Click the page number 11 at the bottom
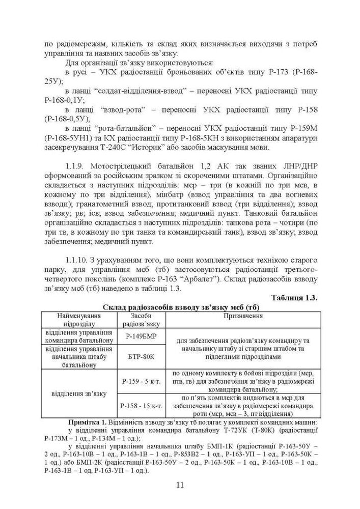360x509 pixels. [180, 484]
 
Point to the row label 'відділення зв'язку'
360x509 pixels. [79, 393]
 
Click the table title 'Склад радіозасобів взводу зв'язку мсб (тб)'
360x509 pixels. [181, 307]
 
